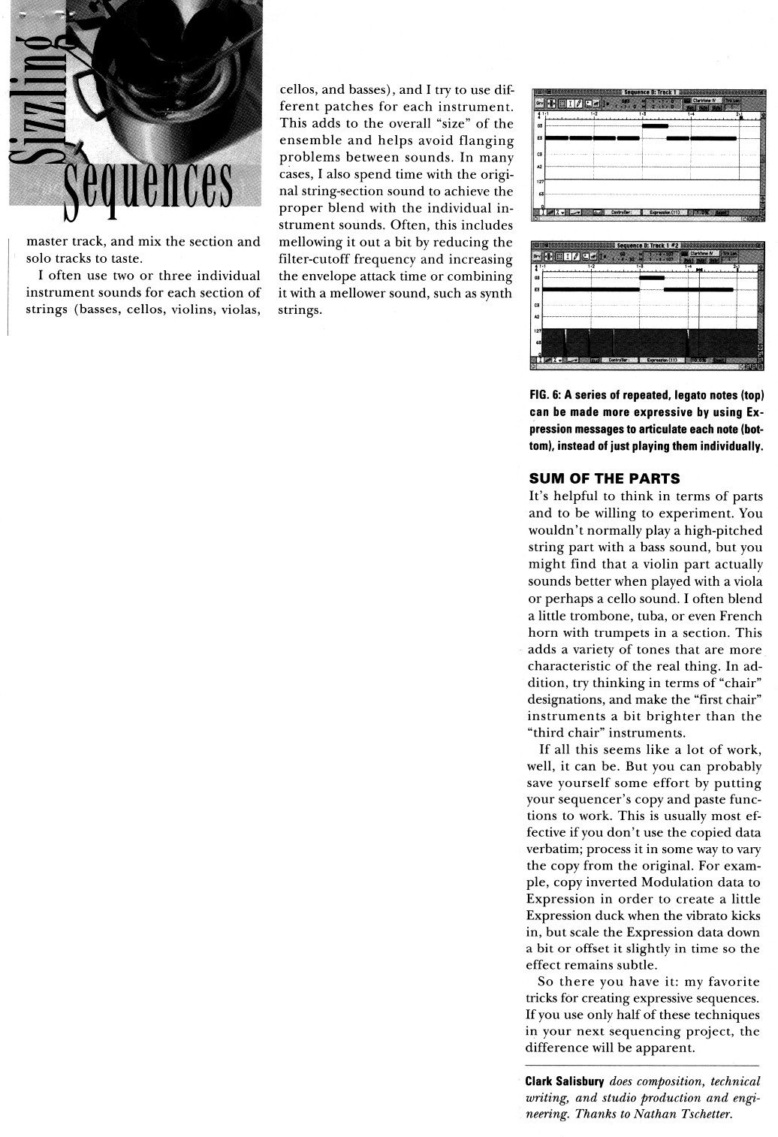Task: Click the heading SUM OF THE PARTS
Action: pos(605,478)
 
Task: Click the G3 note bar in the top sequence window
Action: pos(655,126)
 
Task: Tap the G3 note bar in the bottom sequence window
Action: pos(652,278)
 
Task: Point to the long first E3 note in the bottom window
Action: pos(590,289)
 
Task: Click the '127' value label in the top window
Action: pos(538,181)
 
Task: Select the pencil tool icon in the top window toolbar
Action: pos(579,103)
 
